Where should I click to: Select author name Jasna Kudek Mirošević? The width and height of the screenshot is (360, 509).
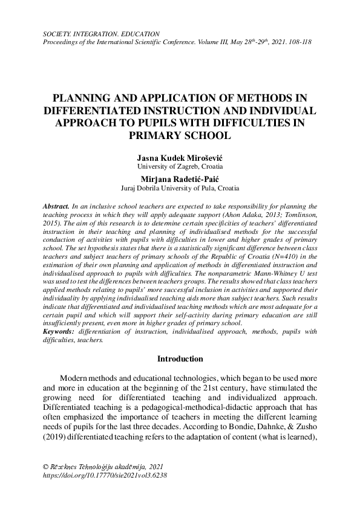tap(180, 157)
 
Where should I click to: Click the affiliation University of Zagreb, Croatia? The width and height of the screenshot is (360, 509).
tap(180, 166)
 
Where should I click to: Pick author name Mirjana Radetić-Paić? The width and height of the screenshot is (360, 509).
tap(180, 180)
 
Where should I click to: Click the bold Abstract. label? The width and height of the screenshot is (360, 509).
tap(57, 207)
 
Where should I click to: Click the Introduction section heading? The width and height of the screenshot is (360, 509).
tap(180, 359)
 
